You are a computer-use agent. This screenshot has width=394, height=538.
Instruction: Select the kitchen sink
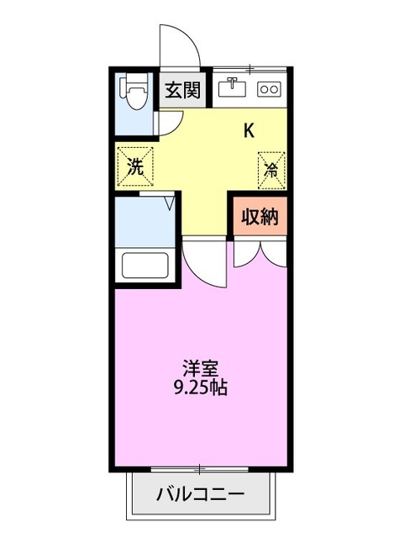(x=233, y=87)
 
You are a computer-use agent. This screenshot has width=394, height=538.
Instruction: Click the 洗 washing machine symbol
(x=134, y=165)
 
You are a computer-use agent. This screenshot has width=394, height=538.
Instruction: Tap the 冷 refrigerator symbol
(x=271, y=166)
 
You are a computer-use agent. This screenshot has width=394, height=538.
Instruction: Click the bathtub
(x=144, y=265)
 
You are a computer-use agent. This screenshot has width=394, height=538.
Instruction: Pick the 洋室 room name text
(x=201, y=367)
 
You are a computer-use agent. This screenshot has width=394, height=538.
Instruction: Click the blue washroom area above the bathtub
(x=143, y=219)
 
